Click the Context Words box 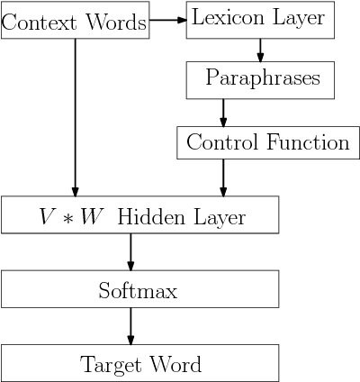click(75, 22)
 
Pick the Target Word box click(139, 364)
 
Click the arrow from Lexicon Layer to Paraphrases click(260, 50)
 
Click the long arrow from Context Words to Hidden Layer click(75, 117)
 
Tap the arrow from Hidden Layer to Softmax click(131, 252)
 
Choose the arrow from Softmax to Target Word click(131, 326)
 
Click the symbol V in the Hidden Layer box click(46, 217)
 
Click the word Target click(109, 365)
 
